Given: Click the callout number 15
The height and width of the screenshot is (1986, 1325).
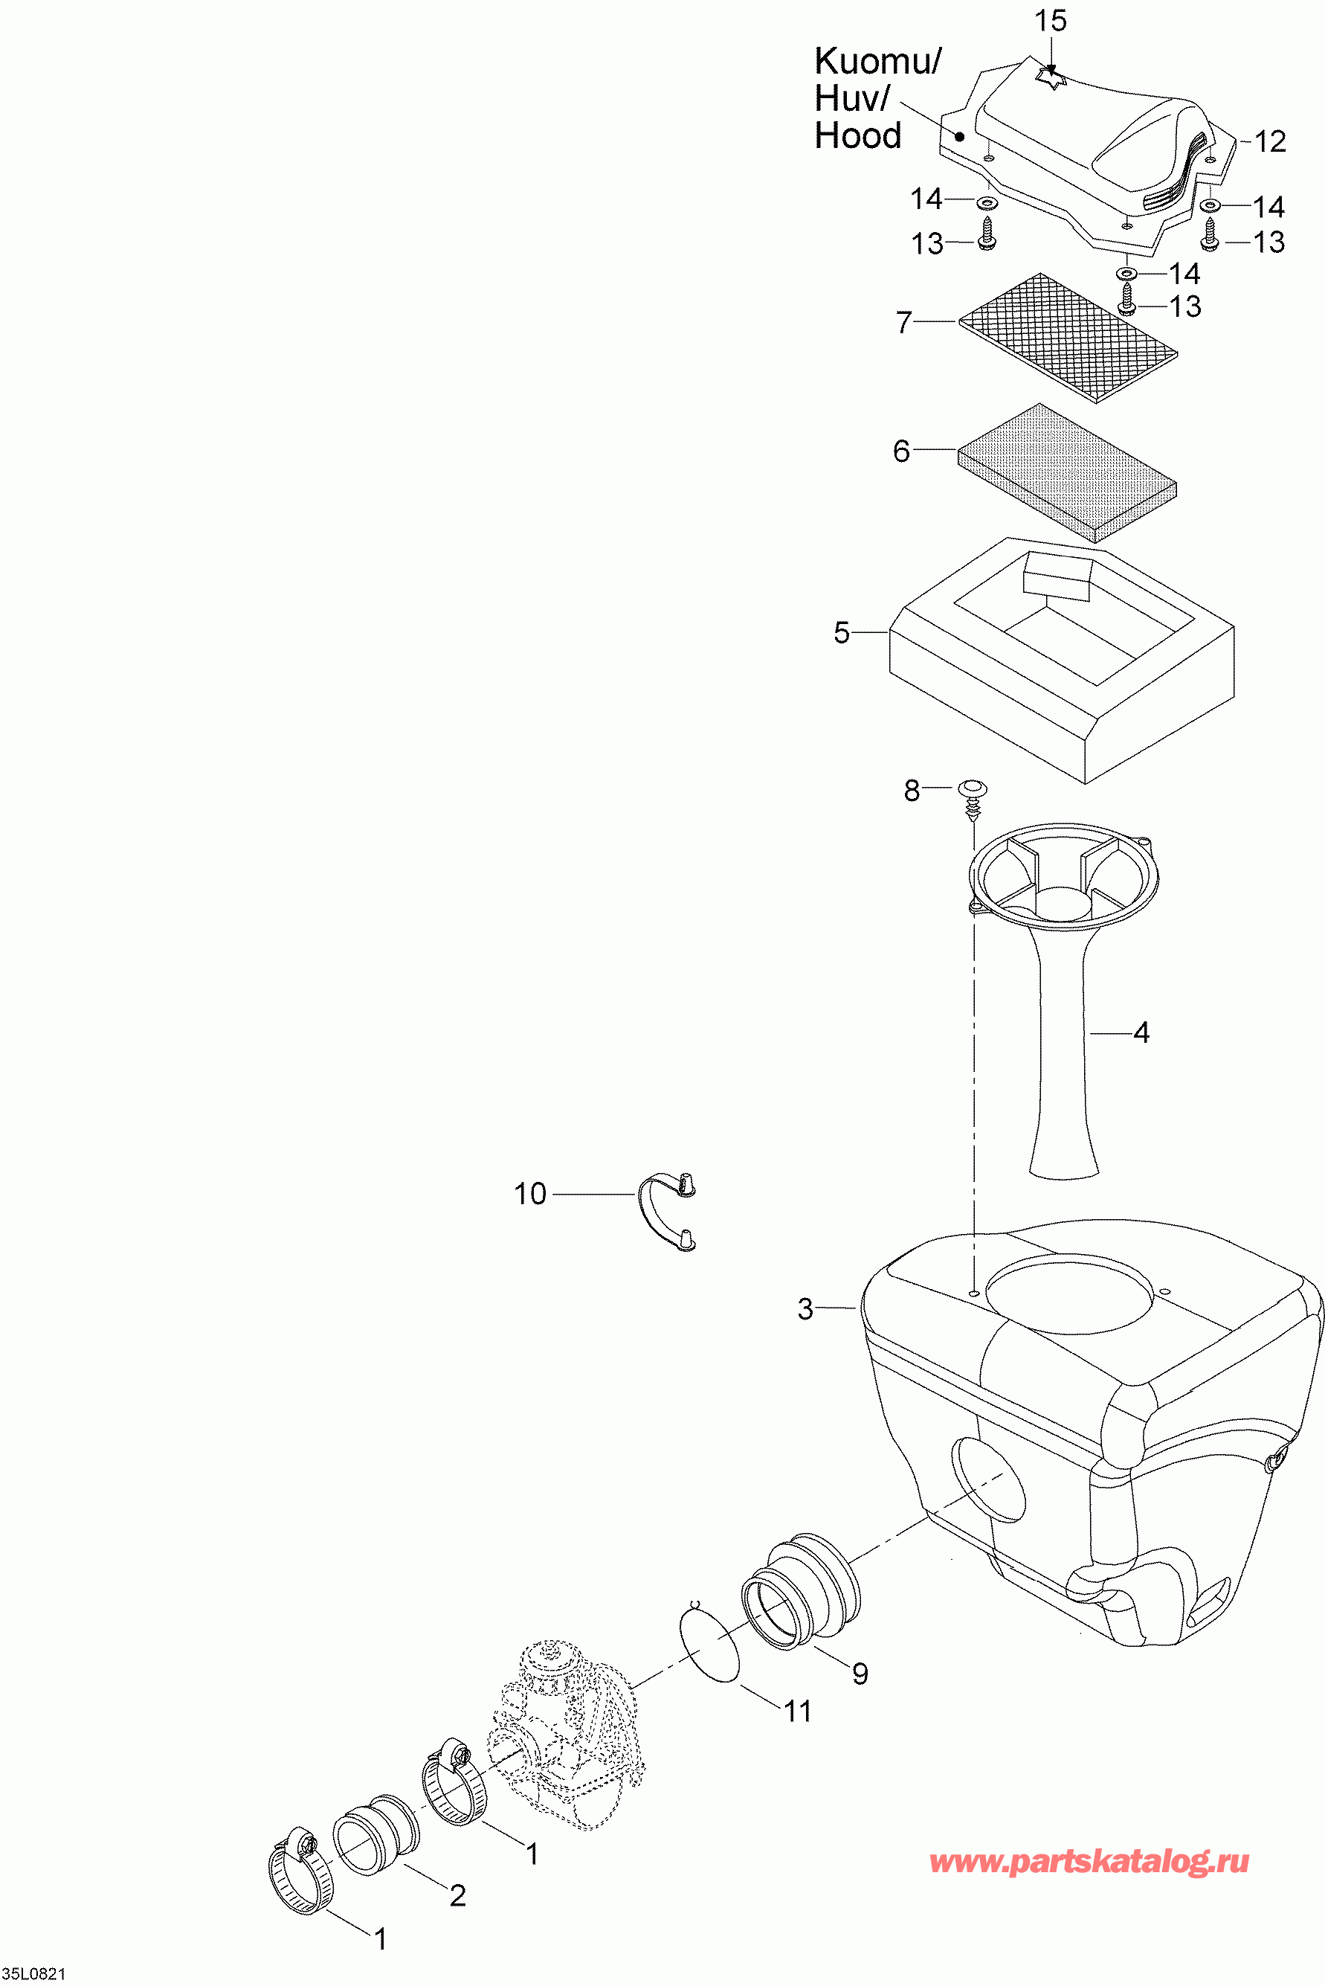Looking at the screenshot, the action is (x=1051, y=21).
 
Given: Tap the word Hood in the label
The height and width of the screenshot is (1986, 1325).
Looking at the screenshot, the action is (x=858, y=136).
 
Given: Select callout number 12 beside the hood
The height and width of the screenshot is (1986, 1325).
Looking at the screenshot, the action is (x=1269, y=142).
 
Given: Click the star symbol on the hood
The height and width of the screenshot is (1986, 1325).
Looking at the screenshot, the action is (x=1050, y=78).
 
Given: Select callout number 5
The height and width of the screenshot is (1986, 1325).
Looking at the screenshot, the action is (x=842, y=633).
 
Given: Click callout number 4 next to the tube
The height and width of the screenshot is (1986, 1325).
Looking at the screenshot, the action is (x=1141, y=1032).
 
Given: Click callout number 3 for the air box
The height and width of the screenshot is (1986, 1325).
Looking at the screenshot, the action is (x=805, y=1309).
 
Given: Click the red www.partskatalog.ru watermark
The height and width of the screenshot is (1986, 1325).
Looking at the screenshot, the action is (x=1089, y=1862).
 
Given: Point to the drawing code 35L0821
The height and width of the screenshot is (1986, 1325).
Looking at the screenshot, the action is (x=33, y=1973).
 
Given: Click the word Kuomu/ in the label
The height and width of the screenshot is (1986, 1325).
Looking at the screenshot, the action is (x=877, y=62).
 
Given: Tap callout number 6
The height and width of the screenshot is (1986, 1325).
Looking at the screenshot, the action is (x=902, y=451).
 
